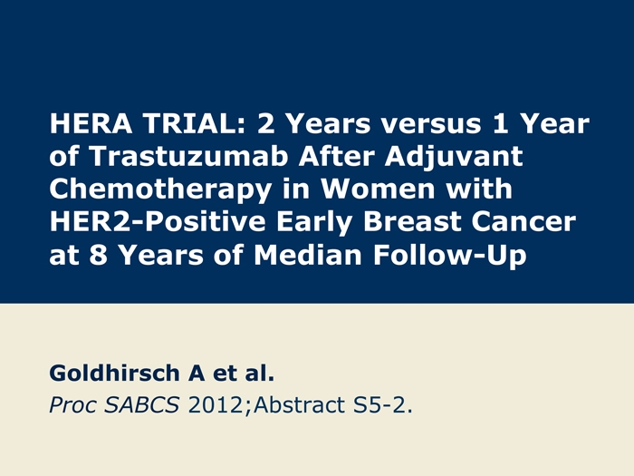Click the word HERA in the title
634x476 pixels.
[x=91, y=123]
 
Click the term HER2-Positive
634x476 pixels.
[x=158, y=222]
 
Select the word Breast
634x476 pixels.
[x=412, y=222]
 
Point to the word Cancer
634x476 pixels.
[x=524, y=222]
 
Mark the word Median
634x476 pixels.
[x=307, y=255]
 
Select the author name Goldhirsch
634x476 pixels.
[x=114, y=373]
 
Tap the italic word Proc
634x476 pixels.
[x=72, y=405]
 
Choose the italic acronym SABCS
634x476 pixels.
[x=141, y=404]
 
